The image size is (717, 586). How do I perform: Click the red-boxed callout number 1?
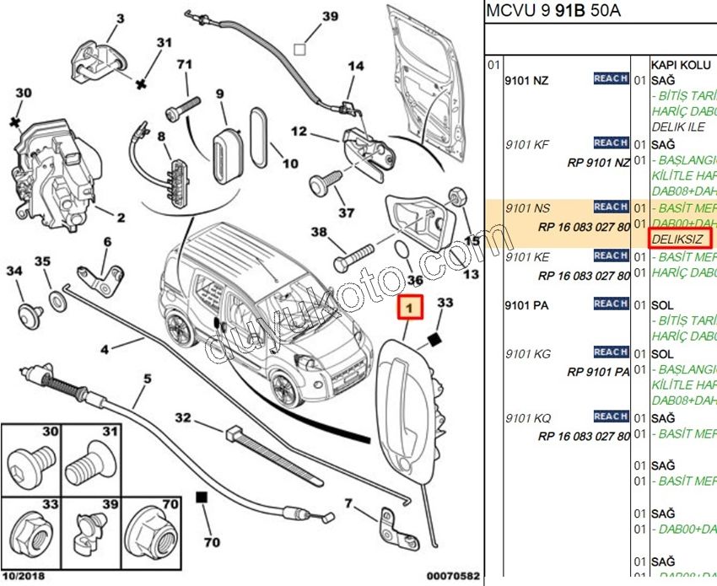pos(410,309)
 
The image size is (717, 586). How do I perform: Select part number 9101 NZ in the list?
pos(526,80)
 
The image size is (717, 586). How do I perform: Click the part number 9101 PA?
pos(526,305)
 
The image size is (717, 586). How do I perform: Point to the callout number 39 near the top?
pos(330,16)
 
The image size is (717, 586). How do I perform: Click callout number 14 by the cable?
pos(355,67)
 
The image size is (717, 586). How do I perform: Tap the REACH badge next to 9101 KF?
pos(610,142)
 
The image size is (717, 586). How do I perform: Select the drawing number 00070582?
pos(452,576)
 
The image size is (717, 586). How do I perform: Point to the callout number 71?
pos(185,64)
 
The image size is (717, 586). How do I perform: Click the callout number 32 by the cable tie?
pos(183,417)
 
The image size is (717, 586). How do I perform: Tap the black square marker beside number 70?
pos(202,497)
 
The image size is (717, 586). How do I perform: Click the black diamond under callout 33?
pos(433,339)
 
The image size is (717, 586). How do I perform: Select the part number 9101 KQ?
pos(527,418)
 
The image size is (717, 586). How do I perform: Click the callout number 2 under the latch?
pos(121,218)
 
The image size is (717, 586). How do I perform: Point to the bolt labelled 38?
pos(354,251)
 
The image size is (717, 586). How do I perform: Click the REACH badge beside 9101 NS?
pos(610,207)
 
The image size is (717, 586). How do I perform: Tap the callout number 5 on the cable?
pos(146,379)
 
